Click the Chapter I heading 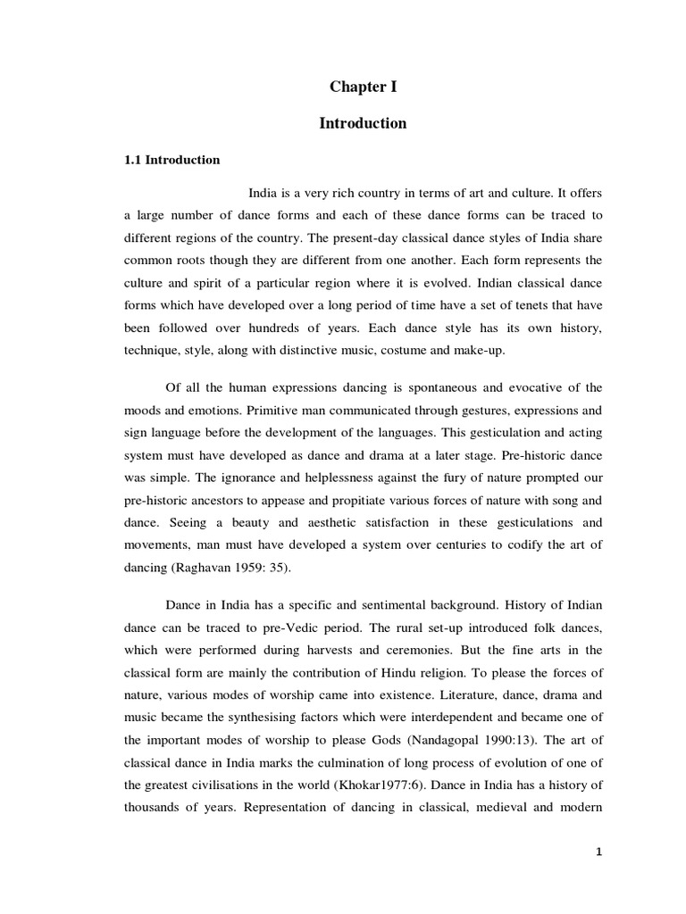point(363,87)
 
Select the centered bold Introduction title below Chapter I point(363,123)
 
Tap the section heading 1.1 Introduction point(171,161)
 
